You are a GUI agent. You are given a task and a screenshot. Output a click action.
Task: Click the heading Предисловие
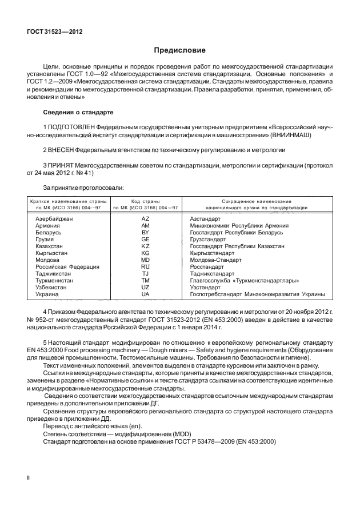click(x=180, y=50)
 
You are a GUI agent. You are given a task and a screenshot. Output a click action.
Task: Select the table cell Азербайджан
click(x=54, y=220)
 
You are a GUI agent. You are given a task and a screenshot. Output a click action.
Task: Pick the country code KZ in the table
click(x=145, y=246)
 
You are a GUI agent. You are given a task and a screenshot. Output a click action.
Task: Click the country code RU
click(x=145, y=266)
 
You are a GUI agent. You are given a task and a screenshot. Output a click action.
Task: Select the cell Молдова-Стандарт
click(x=214, y=260)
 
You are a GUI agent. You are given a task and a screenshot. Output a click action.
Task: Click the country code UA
click(x=145, y=294)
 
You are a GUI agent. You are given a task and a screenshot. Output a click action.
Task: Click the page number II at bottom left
click(x=29, y=476)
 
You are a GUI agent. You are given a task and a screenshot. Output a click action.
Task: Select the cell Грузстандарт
click(x=207, y=240)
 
